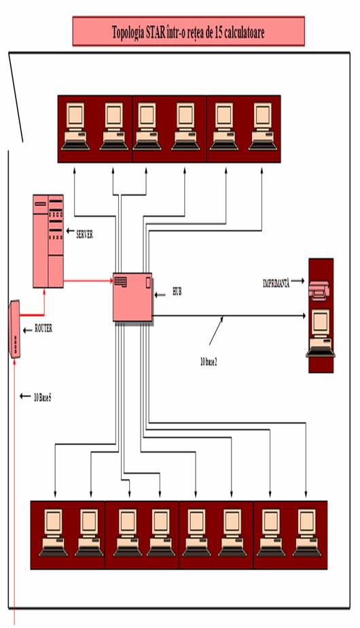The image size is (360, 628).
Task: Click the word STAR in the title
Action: tap(154, 32)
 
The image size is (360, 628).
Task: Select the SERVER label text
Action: tap(84, 235)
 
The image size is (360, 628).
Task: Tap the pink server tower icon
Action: tap(48, 241)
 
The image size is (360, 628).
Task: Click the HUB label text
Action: tap(177, 292)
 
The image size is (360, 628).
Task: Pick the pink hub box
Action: tap(132, 297)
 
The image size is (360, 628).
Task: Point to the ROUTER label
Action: tap(43, 329)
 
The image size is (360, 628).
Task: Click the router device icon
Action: tap(14, 329)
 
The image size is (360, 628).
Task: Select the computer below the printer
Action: tap(321, 333)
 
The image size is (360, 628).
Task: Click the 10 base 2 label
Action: tap(209, 362)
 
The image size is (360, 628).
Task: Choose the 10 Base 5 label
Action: tap(42, 398)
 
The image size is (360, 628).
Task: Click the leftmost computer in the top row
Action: tap(75, 126)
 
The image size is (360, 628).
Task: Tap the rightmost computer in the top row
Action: tap(263, 126)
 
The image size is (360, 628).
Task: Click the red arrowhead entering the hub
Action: tap(110, 281)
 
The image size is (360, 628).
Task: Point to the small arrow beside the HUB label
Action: tap(160, 295)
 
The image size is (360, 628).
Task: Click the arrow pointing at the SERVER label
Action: tap(70, 231)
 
